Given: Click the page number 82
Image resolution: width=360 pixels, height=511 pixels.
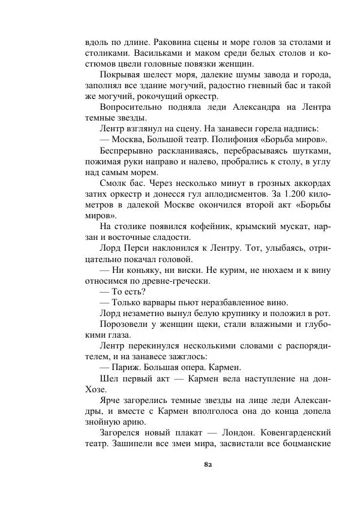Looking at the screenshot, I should tap(209, 464).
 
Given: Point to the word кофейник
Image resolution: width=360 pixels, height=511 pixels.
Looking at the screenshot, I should tap(194, 226).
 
